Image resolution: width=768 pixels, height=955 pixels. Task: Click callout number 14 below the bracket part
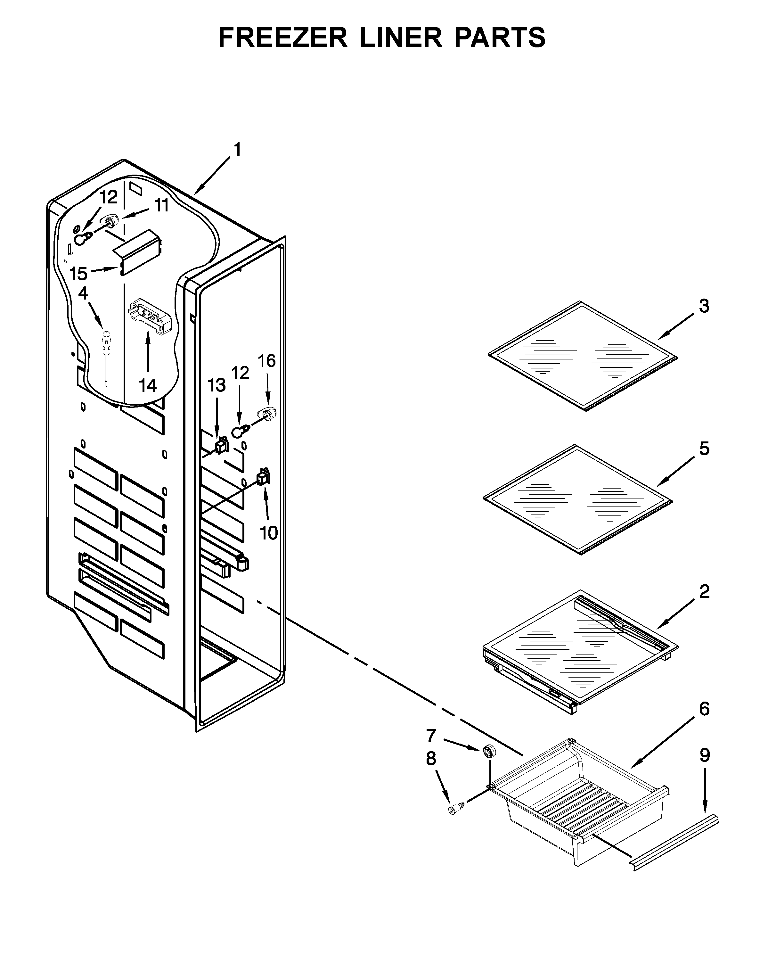(148, 385)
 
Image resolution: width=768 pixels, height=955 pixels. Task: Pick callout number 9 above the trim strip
(705, 755)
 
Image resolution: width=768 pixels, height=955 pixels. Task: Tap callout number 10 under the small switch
(268, 533)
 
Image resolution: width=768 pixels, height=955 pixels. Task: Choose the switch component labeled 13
(221, 445)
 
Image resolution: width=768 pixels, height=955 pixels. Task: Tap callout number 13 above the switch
(217, 385)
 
